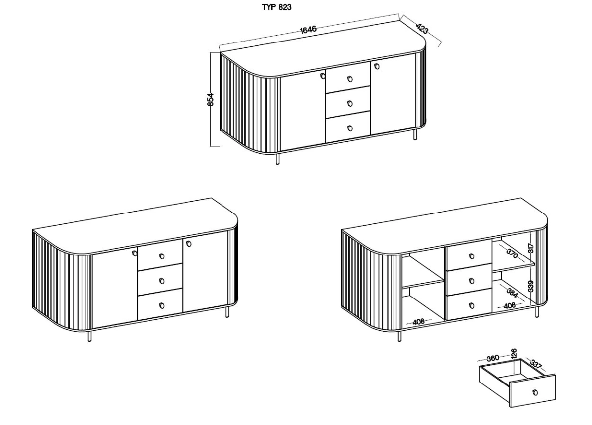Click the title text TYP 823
point(277,7)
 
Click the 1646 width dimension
point(308,29)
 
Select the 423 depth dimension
point(422,29)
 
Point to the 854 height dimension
point(210,99)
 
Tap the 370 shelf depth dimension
point(512,254)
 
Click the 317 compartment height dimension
point(531,248)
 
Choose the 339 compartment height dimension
point(531,286)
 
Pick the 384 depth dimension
point(512,293)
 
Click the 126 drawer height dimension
point(514,353)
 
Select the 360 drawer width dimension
point(493,358)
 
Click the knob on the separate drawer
point(535,392)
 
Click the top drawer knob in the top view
point(350,79)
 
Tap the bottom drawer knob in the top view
point(350,128)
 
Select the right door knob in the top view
point(377,66)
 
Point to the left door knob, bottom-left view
point(135,253)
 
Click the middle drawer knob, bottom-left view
point(162,281)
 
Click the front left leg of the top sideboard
point(277,159)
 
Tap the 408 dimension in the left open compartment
point(418,322)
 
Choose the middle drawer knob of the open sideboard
point(472,281)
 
